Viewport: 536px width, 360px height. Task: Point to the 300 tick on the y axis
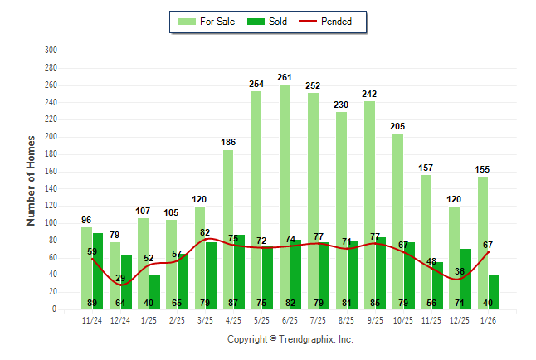click(x=51, y=51)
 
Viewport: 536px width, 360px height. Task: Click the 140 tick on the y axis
click(x=51, y=188)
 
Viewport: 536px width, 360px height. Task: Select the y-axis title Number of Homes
click(x=31, y=180)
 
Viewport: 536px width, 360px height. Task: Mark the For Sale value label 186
click(x=228, y=143)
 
